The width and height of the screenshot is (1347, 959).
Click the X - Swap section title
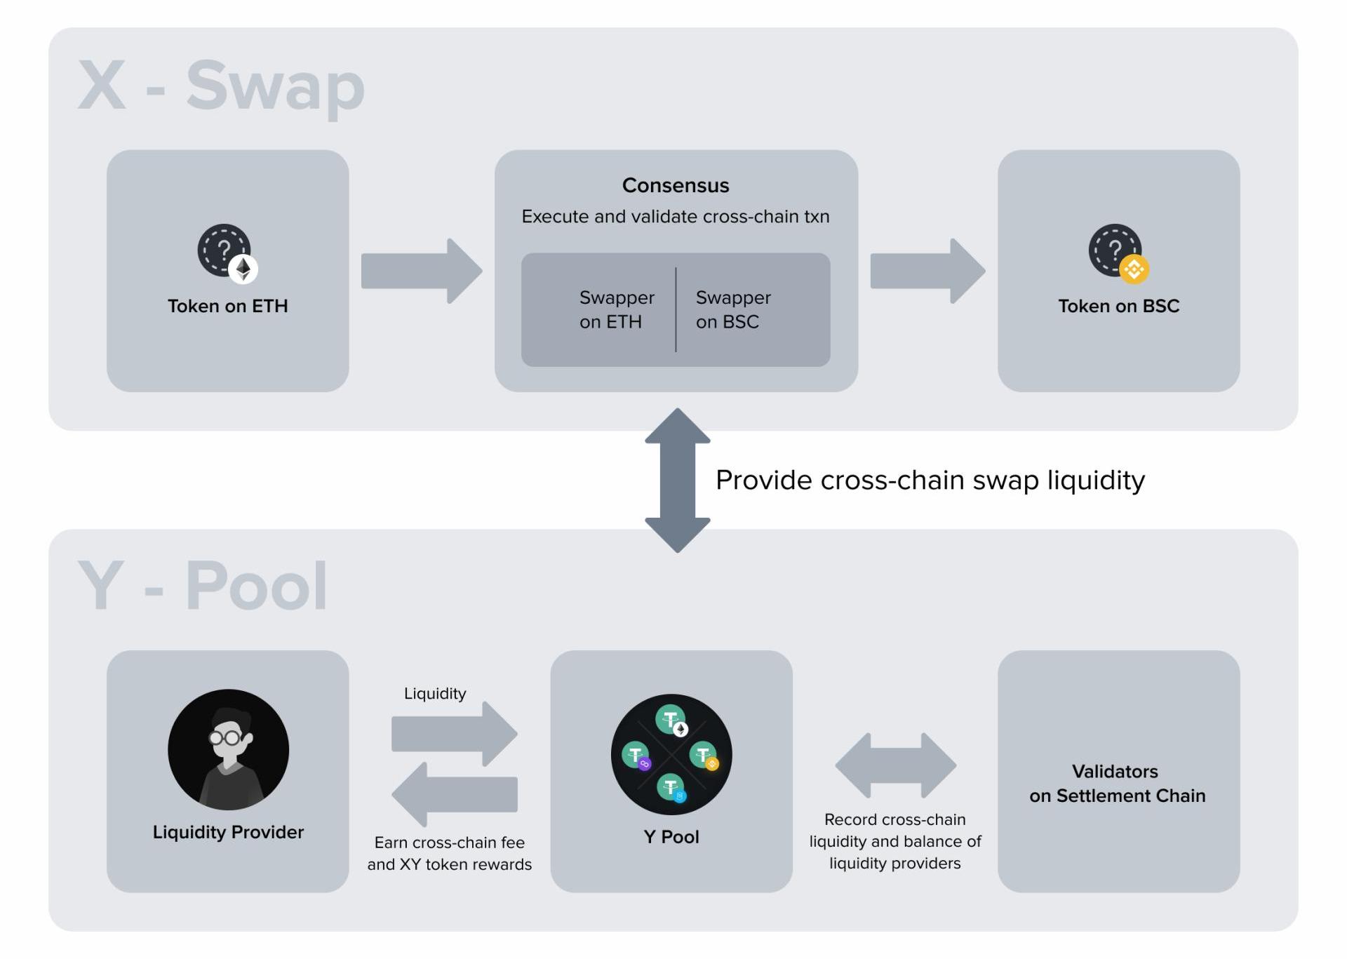point(221,86)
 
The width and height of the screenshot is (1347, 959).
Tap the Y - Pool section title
point(203,586)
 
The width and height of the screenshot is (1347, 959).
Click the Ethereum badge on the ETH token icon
point(243,269)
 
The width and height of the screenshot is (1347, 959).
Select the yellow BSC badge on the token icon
point(1134,269)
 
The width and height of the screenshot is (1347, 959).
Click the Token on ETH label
point(227,307)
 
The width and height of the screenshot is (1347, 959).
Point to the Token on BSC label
point(1118,307)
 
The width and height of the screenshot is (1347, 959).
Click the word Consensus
point(675,186)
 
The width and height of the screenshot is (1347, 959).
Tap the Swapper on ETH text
point(616,309)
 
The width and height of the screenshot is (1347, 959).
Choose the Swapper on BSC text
point(732,309)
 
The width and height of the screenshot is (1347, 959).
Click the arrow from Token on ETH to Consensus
point(421,271)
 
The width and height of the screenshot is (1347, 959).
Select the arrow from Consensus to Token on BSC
point(927,271)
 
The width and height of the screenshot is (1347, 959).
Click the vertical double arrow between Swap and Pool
point(677,481)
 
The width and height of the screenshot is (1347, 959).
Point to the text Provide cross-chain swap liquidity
point(930,481)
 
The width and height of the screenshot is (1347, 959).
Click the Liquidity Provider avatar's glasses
point(225,738)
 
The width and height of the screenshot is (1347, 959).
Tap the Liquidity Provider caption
point(228,832)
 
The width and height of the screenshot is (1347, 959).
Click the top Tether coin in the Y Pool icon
point(670,719)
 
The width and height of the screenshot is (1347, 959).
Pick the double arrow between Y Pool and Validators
point(895,765)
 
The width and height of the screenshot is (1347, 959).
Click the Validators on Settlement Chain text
point(1117,784)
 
